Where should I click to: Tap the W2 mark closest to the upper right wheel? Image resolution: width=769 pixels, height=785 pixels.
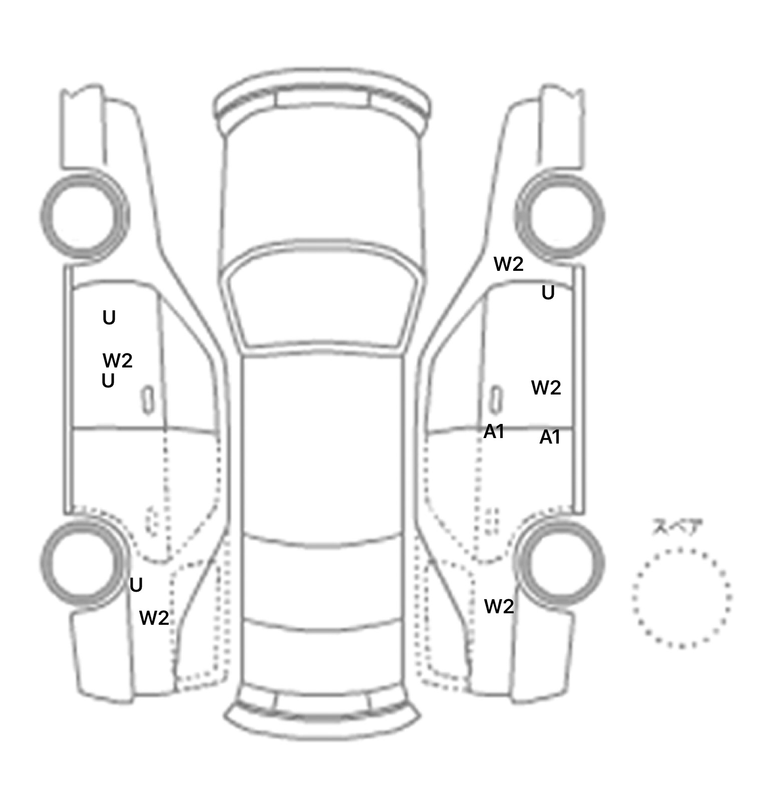[x=509, y=264]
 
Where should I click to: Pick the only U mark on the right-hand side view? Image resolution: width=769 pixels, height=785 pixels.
[x=548, y=293]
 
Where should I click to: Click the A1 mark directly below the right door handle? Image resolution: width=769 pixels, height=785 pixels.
[x=494, y=432]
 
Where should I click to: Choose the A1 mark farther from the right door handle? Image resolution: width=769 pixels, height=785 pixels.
[x=550, y=438]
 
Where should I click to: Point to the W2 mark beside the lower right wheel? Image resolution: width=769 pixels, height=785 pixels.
[x=499, y=607]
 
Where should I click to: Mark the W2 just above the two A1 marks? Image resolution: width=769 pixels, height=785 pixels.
[x=546, y=387]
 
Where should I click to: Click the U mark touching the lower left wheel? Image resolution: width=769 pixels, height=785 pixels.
[x=136, y=585]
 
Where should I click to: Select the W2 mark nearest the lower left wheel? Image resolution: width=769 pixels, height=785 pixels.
[x=154, y=618]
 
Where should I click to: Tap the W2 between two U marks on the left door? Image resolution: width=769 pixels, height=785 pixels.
[x=118, y=360]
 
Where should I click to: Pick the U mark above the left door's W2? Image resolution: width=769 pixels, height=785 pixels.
[x=109, y=318]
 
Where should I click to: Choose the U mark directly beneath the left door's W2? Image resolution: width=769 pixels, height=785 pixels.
[x=108, y=381]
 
